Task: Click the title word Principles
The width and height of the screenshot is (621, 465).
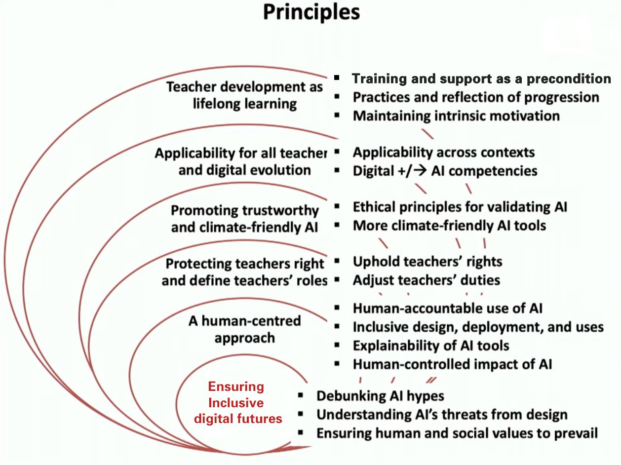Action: coord(311,13)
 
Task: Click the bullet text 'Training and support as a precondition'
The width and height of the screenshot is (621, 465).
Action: coord(481,78)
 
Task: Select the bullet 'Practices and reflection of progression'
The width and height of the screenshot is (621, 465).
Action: coord(476,97)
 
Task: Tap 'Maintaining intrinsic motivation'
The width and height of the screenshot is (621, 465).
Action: coord(456,116)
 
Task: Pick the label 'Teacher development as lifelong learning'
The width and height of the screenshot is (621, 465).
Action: coord(244,95)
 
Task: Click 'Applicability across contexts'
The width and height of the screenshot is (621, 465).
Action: coord(444,153)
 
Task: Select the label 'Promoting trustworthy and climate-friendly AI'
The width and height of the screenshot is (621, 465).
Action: coord(245,219)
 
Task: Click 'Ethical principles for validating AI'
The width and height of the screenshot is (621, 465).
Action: coord(460,207)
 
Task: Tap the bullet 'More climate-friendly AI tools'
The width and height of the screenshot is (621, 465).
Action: coord(449,226)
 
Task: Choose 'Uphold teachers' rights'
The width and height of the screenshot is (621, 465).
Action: coord(427,262)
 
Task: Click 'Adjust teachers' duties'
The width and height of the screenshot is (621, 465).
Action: coord(427,280)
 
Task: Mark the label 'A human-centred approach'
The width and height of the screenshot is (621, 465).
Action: coord(245,329)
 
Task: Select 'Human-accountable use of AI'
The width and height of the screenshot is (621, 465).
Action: coord(448,309)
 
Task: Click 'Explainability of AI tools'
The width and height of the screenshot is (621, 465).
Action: coord(431,346)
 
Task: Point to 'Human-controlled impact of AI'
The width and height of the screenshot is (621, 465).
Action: coord(452,364)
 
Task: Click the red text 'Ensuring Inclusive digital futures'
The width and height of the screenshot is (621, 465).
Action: coord(237,402)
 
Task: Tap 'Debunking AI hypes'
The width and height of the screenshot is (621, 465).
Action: coord(380,396)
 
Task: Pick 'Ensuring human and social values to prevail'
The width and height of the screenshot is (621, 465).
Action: coord(457,433)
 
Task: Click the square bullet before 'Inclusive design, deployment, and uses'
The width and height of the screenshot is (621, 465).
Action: coord(337,327)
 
